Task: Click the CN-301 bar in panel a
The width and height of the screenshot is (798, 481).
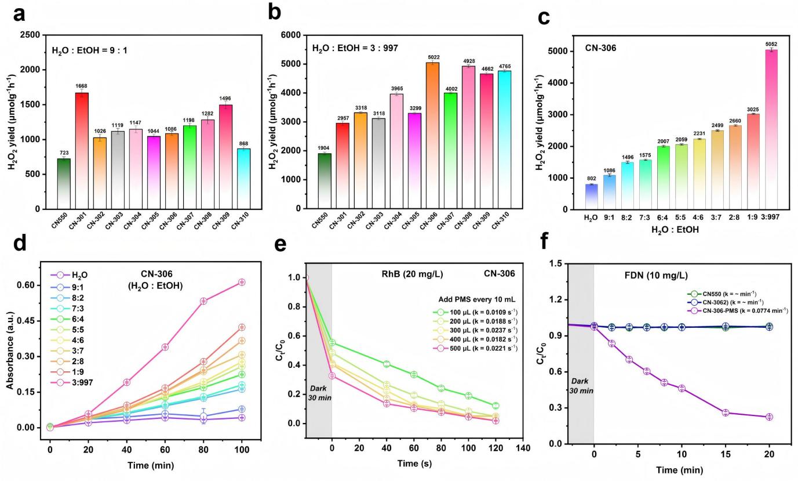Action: tap(82, 150)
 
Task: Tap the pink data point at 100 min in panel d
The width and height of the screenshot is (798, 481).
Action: tap(242, 282)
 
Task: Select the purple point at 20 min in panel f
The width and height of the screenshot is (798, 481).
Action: tap(769, 417)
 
